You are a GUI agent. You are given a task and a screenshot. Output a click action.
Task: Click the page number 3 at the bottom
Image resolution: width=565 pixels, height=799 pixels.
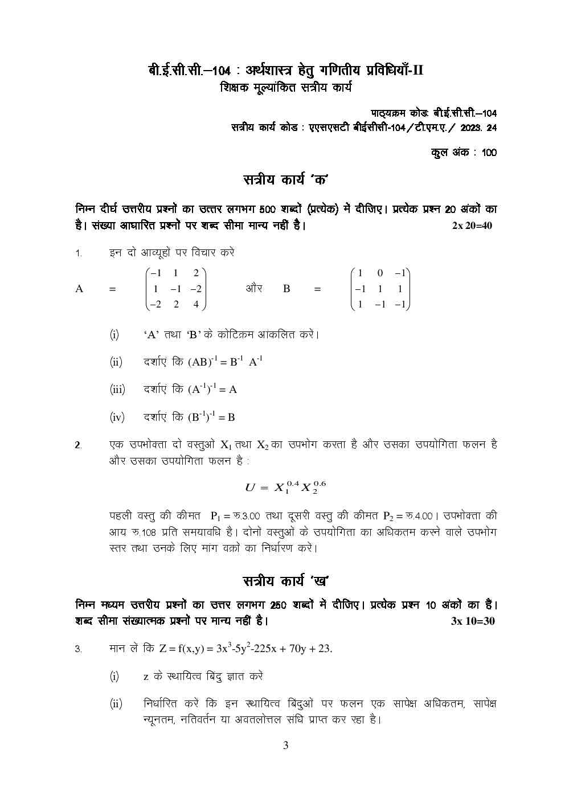click(286, 745)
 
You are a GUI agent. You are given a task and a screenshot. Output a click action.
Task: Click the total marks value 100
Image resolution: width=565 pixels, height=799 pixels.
click(489, 153)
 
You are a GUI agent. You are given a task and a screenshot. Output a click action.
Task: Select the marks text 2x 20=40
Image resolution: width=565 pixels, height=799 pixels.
click(472, 226)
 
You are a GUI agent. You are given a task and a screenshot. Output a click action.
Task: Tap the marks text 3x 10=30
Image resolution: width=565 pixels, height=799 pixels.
click(473, 621)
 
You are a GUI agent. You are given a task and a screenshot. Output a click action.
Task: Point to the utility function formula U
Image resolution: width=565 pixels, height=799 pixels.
click(285, 487)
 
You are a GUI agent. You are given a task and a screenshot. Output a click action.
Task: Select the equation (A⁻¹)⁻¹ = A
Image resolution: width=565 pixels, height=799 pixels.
click(212, 390)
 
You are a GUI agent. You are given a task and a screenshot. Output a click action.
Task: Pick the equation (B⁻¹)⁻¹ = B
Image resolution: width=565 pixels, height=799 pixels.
click(211, 417)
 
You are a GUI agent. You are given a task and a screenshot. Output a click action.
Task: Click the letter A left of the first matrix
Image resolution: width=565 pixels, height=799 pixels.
click(79, 289)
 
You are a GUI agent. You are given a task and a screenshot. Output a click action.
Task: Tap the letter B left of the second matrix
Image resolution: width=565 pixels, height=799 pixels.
click(286, 289)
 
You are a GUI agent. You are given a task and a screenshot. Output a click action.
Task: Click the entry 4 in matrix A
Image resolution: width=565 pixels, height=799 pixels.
click(196, 305)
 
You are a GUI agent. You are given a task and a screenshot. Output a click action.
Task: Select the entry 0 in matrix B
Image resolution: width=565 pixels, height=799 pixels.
click(380, 273)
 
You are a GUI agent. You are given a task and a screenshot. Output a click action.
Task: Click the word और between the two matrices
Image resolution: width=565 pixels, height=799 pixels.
click(254, 289)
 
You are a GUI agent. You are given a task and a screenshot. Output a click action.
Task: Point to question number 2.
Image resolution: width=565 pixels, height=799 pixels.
click(78, 445)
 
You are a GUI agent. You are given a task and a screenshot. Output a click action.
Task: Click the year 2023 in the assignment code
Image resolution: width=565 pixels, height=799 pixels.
click(470, 128)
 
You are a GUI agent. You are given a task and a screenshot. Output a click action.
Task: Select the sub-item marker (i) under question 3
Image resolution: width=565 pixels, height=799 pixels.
click(114, 677)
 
